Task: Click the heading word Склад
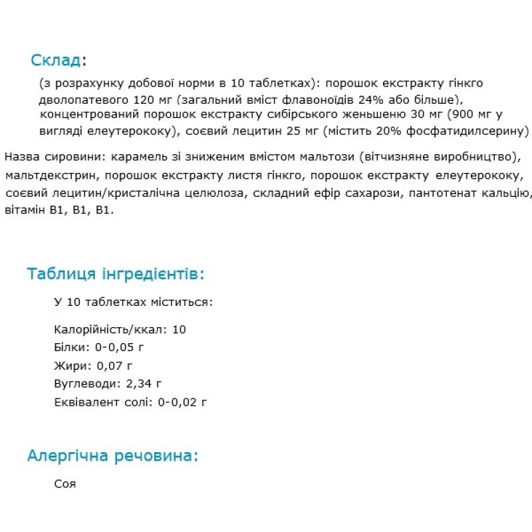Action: coord(56,61)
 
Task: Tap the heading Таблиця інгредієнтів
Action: coord(116,274)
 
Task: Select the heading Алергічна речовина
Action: coord(112,456)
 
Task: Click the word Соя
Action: coord(65,483)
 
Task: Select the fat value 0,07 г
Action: coord(115,365)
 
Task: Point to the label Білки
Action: coord(70,347)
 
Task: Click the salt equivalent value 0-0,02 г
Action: coord(182,401)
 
